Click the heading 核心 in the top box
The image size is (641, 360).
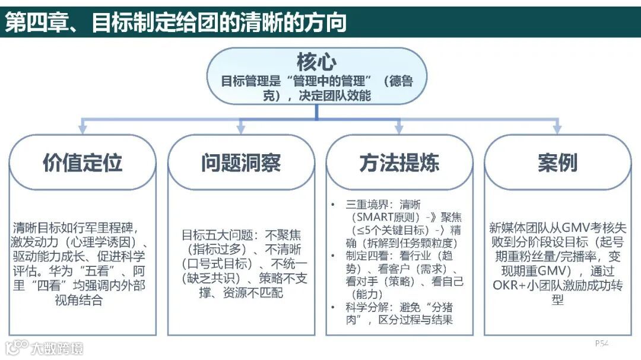pos(316,62)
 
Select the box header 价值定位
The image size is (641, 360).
pos(82,163)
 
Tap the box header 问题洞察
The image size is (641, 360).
pos(240,163)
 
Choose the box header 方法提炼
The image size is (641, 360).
pos(399,163)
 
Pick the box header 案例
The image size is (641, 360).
pos(557,163)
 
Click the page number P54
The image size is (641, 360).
pos(602,343)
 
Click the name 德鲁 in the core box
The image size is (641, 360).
pos(401,81)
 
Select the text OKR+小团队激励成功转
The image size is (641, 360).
pos(557,285)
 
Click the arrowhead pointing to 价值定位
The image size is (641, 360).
pos(82,128)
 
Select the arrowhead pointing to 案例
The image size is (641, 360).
pos(557,128)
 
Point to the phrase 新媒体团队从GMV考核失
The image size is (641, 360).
pos(557,228)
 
